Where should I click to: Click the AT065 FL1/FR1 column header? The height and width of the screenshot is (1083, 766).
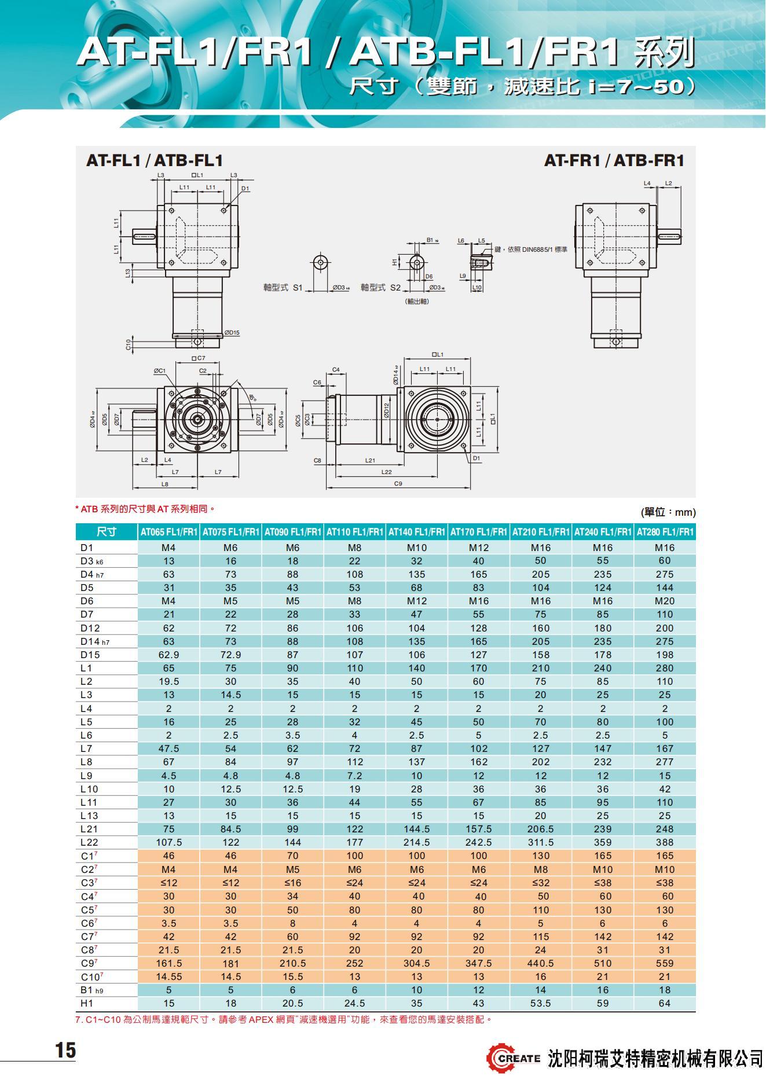click(168, 532)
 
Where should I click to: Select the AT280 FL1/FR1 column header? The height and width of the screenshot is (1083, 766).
click(665, 532)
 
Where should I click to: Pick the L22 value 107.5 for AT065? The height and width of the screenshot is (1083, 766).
click(168, 842)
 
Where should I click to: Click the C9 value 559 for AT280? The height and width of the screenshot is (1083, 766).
click(665, 963)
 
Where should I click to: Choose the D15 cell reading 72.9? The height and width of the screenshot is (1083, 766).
click(230, 655)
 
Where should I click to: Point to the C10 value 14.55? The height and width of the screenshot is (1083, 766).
click(168, 976)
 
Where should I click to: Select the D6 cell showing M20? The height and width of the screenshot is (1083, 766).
click(665, 601)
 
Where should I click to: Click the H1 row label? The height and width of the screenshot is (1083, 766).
click(87, 1003)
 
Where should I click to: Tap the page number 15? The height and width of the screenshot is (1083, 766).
click(65, 1050)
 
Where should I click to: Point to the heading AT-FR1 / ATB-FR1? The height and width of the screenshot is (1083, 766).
click(614, 160)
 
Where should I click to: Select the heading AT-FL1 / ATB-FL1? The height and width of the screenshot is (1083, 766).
click(155, 160)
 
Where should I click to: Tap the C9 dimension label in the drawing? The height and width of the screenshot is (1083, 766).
click(398, 483)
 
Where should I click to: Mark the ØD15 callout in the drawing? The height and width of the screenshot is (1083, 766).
click(232, 333)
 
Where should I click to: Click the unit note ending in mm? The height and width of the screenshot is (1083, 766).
click(668, 512)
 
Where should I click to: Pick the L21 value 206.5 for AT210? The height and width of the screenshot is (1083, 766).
click(541, 829)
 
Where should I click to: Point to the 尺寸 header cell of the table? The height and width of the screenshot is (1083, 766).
click(107, 532)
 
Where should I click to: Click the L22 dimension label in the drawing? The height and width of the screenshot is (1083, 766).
click(386, 472)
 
